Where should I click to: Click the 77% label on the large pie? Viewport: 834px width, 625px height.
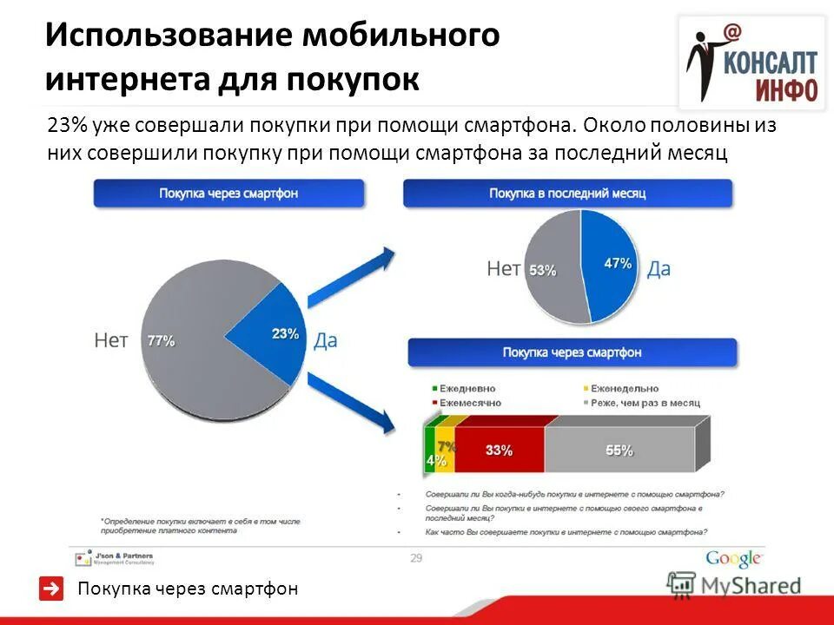[161, 341]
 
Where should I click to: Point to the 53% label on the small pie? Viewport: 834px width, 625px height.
[543, 270]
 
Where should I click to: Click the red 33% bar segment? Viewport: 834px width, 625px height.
[499, 451]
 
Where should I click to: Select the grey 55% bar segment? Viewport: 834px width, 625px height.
[619, 451]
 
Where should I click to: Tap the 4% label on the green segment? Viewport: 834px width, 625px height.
[431, 460]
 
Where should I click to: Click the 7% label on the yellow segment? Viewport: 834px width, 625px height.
[447, 446]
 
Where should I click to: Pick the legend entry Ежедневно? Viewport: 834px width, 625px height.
[466, 389]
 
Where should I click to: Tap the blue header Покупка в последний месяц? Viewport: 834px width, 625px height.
[567, 193]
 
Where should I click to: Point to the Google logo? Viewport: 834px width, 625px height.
[733, 559]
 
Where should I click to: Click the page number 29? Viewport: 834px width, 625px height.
[416, 558]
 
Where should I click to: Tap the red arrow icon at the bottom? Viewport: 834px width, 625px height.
[52, 589]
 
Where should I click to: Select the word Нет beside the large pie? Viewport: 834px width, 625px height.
[110, 341]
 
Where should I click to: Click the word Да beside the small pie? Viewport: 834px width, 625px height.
[659, 269]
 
